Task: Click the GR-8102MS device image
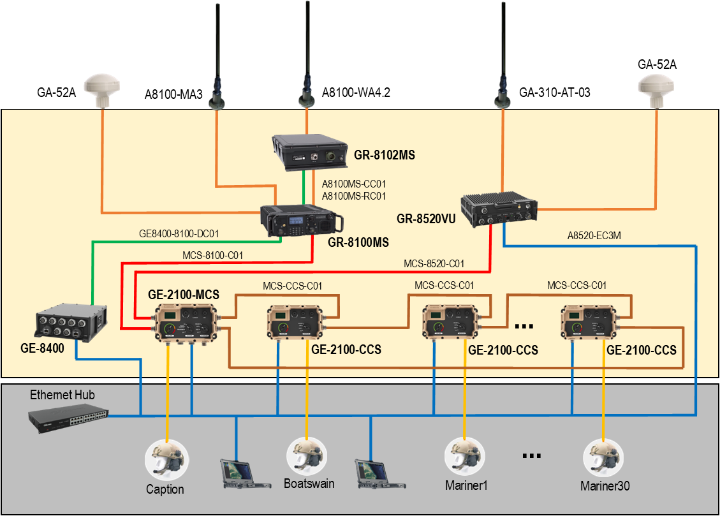click(x=309, y=152)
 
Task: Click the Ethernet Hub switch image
click(x=67, y=418)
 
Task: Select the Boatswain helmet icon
click(x=307, y=456)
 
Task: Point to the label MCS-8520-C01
click(x=434, y=263)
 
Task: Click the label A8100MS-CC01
click(x=354, y=184)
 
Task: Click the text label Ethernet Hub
click(x=62, y=395)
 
